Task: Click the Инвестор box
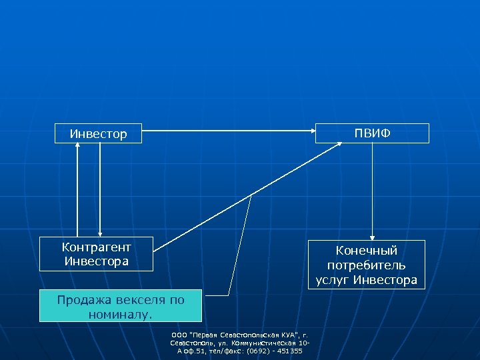98,134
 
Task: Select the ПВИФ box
373,133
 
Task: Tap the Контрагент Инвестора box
96,254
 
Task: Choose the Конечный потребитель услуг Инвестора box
367,265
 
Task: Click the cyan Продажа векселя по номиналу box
120,306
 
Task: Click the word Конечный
367,251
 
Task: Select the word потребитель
367,265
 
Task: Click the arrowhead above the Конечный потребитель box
373,236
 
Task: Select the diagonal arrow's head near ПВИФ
337,145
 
